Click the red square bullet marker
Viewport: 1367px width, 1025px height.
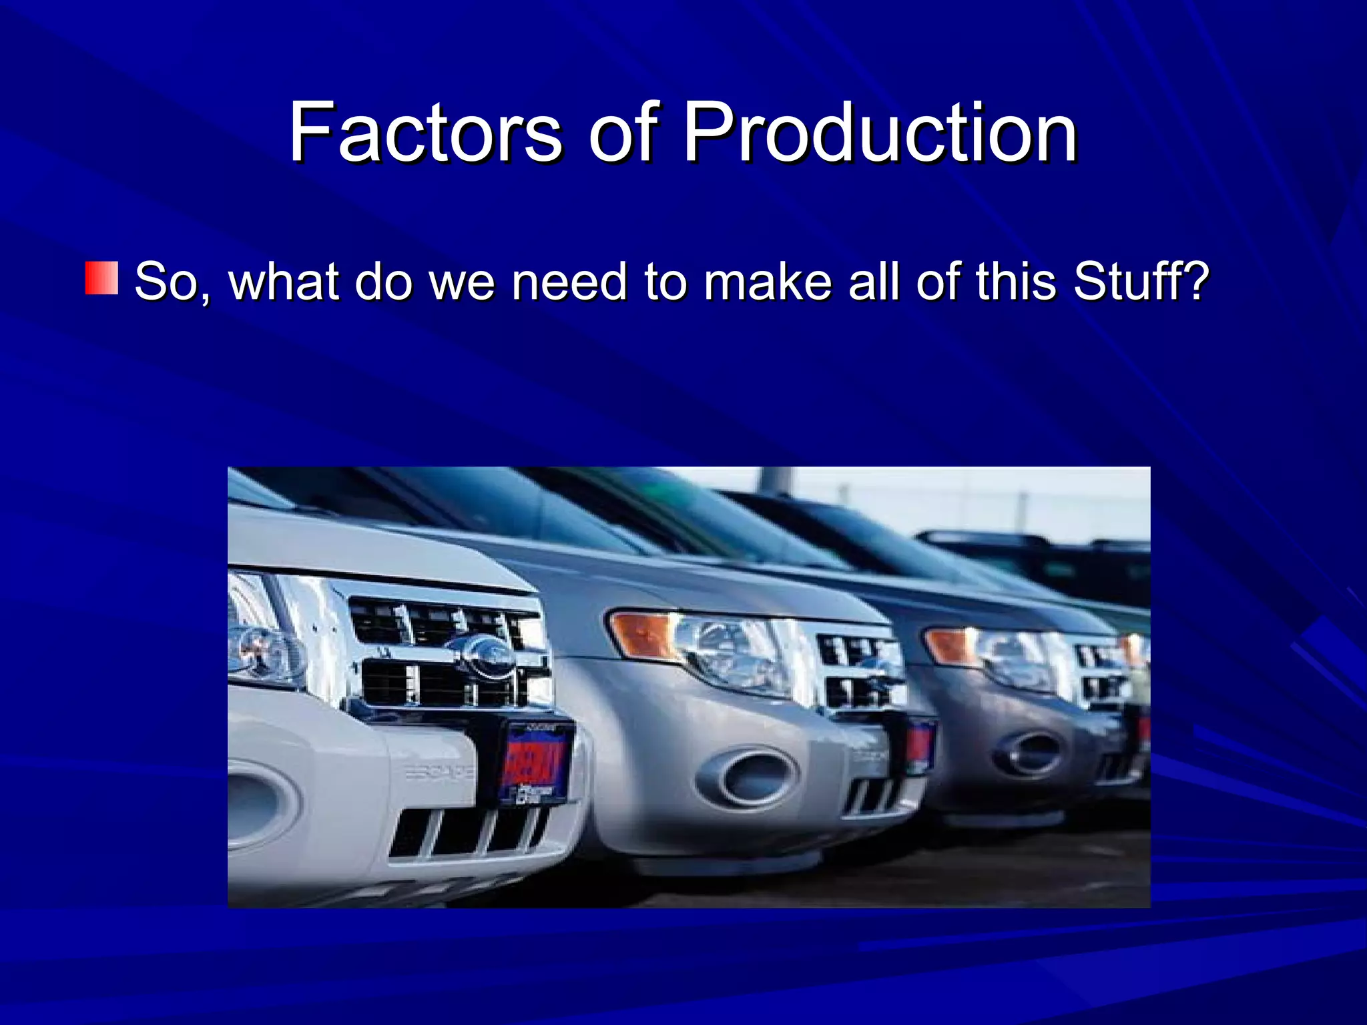tap(101, 278)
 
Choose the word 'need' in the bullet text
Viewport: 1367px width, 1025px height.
tap(569, 281)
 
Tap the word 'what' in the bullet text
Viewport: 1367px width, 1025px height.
tap(284, 281)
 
